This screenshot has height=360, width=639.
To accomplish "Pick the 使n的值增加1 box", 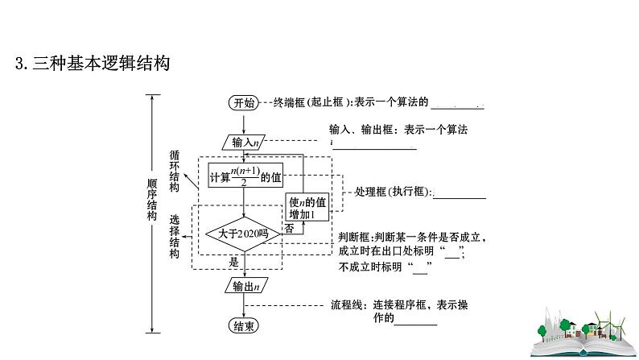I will (307, 208).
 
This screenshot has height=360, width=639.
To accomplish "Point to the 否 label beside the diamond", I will (288, 229).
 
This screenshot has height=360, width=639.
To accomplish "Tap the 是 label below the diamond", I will (234, 262).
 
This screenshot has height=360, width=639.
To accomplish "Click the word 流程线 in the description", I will (348, 305).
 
